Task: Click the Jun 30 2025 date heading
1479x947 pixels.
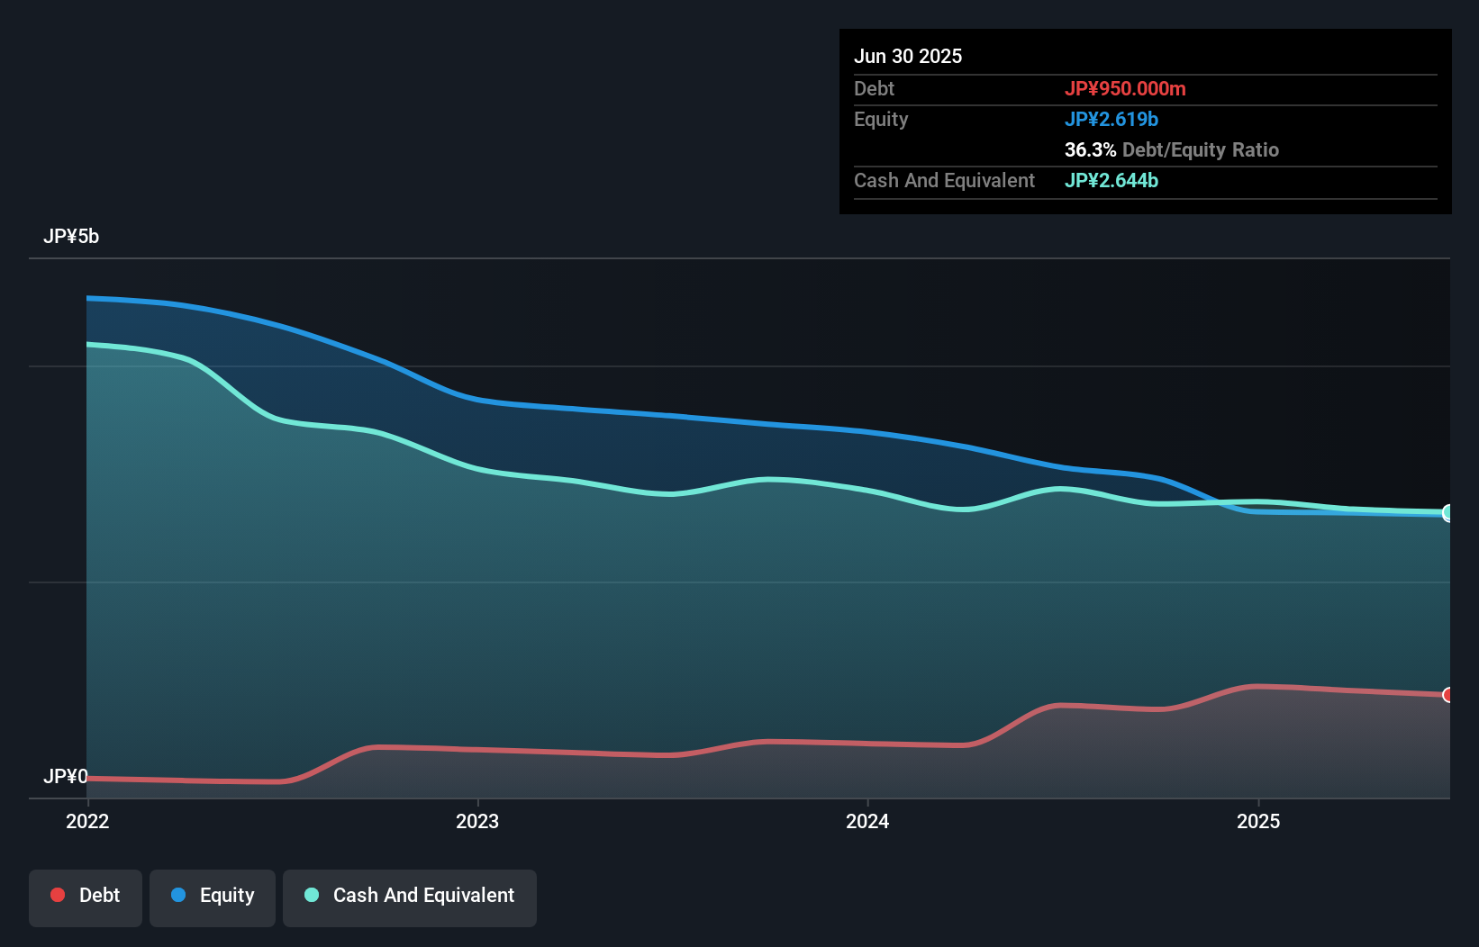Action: coord(907,56)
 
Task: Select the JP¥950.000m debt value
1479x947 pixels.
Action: coord(1124,88)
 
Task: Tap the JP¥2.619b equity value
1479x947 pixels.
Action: coord(1111,119)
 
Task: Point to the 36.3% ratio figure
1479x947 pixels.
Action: coord(1090,149)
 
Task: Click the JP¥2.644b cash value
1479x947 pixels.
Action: coord(1111,180)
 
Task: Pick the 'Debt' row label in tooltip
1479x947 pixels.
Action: coord(874,88)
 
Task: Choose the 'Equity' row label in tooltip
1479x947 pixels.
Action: coord(880,119)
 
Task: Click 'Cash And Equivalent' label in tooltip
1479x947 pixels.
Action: coord(944,180)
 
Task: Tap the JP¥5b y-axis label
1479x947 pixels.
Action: coord(70,236)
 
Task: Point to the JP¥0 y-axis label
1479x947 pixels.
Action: coord(65,776)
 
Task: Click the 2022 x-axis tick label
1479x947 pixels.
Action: coord(87,821)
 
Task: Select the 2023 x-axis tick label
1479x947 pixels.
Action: coord(476,821)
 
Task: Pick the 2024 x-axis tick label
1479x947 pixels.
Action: coord(867,821)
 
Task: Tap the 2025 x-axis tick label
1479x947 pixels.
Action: coord(1257,821)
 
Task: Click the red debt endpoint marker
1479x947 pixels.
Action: coord(1447,695)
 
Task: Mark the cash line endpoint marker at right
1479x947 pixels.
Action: coord(1447,512)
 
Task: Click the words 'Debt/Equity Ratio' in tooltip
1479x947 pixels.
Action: coord(1200,149)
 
